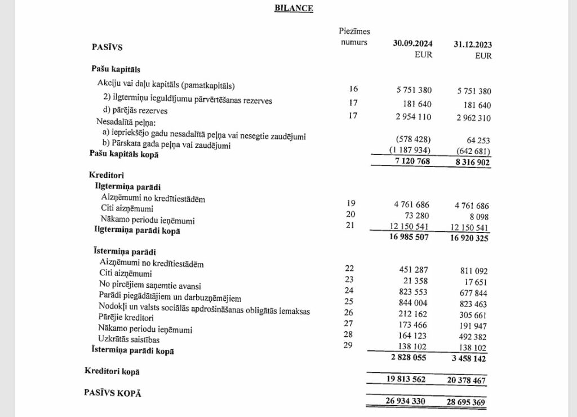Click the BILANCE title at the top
coord(294,8)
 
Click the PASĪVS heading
coord(107,47)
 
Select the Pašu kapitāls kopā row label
coord(124,154)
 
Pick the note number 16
coord(353,89)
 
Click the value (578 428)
coord(410,139)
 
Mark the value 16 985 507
coord(409,238)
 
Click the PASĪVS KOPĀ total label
coord(113,393)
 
